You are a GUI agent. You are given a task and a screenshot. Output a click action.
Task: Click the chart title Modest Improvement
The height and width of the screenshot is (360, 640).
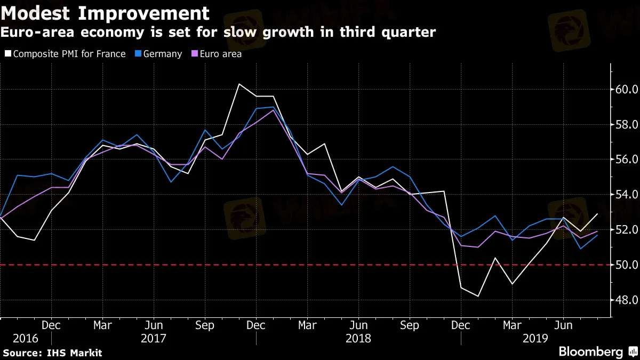[105, 13]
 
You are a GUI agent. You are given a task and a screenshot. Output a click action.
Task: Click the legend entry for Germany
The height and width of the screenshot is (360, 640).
[161, 54]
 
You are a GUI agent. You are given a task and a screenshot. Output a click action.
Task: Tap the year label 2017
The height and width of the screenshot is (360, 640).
[154, 338]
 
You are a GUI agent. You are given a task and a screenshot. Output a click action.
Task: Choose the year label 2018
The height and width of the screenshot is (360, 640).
[358, 338]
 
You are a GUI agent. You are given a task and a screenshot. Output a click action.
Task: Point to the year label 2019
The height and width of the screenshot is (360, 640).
[535, 338]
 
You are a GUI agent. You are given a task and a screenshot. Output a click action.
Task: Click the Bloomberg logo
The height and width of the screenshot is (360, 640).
[590, 351]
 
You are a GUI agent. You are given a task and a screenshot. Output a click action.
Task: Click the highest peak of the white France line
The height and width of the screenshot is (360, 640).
[239, 84]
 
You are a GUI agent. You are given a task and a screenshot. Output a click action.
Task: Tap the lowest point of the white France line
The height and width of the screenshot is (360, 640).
[478, 297]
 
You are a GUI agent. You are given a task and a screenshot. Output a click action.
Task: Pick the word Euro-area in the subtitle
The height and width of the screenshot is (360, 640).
[34, 33]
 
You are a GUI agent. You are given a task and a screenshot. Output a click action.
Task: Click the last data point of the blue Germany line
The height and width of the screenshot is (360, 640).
[597, 235]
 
